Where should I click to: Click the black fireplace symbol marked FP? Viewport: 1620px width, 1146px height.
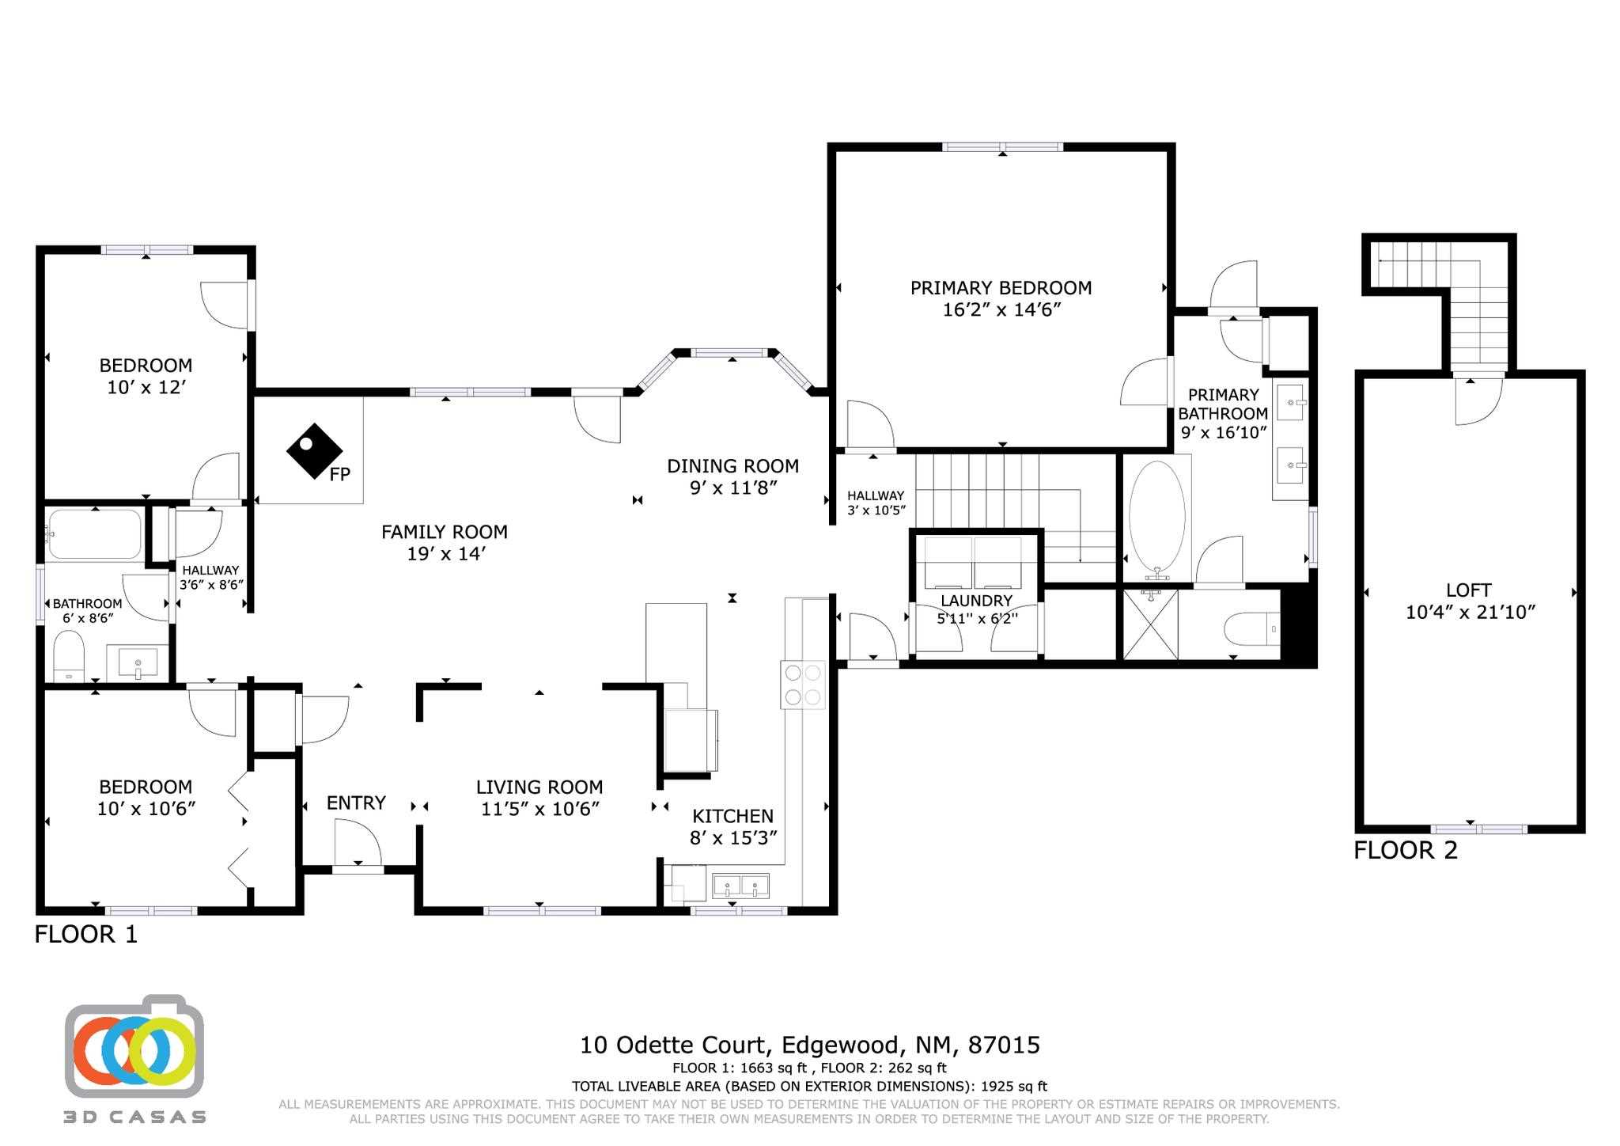pyautogui.click(x=313, y=450)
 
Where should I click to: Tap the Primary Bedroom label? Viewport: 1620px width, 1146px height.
pyautogui.click(x=1001, y=288)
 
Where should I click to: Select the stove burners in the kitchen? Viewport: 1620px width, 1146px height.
pyautogui.click(x=803, y=685)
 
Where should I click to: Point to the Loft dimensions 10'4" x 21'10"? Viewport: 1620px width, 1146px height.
pyautogui.click(x=1470, y=612)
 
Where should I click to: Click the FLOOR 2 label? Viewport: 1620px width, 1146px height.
pyautogui.click(x=1405, y=851)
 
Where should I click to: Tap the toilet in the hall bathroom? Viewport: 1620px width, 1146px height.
pyautogui.click(x=69, y=655)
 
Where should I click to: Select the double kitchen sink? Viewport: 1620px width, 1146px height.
pyautogui.click(x=740, y=886)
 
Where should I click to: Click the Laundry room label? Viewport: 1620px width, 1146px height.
pyautogui.click(x=976, y=601)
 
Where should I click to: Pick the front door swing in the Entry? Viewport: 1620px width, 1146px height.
pyautogui.click(x=358, y=843)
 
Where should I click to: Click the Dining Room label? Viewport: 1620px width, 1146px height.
pyautogui.click(x=732, y=466)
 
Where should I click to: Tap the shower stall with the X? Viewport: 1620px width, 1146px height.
pyautogui.click(x=1150, y=624)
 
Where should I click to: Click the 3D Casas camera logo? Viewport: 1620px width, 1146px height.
pyautogui.click(x=134, y=1049)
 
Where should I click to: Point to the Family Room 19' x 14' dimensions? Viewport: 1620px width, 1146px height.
pyautogui.click(x=445, y=554)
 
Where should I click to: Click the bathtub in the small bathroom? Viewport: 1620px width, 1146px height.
pyautogui.click(x=95, y=534)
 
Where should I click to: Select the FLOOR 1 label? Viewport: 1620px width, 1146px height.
pyautogui.click(x=85, y=935)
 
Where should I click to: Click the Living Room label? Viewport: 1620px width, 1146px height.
pyautogui.click(x=539, y=787)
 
